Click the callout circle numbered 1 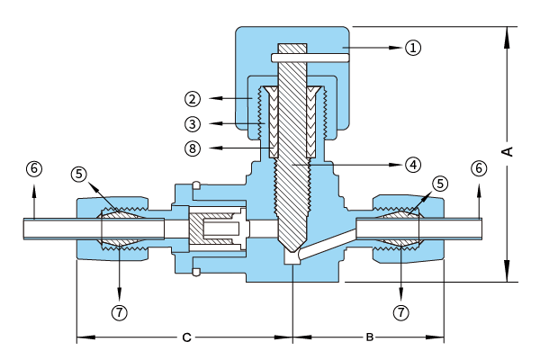pos(413,47)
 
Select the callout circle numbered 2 pos(193,99)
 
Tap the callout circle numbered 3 pos(193,123)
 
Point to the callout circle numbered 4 pos(413,165)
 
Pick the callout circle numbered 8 pos(193,148)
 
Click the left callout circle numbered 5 pos(79,174)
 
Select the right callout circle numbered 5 pos(440,184)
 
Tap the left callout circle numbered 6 pos(34,168)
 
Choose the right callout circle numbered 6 pos(479,168)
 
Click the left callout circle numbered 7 pos(119,312)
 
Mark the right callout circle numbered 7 pos(400,312)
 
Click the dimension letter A pos(507,151)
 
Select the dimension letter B pos(370,337)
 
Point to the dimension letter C pos(186,337)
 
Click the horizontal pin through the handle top pos(310,58)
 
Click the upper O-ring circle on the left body pos(196,185)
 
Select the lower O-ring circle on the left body pos(196,272)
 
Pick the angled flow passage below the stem pos(328,244)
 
